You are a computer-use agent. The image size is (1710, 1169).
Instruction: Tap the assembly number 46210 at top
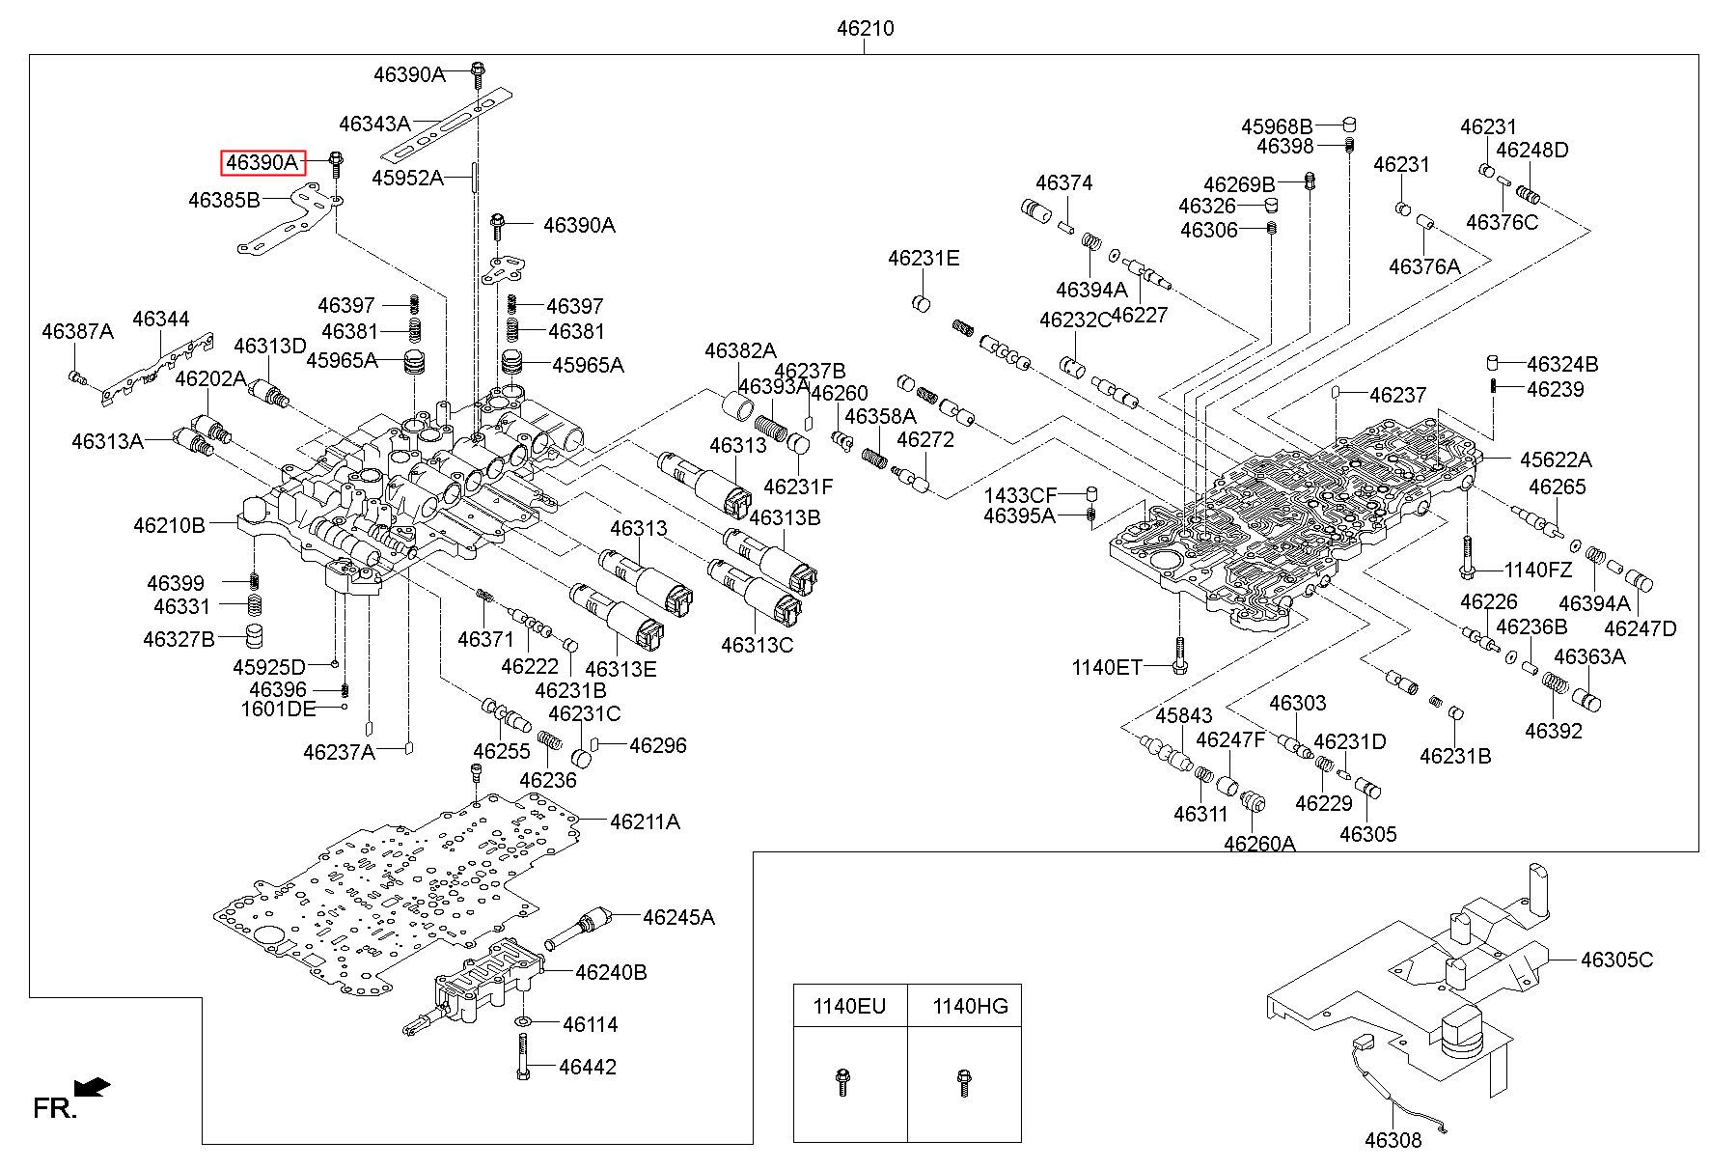865,29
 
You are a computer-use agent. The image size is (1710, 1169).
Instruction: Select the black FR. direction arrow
93,1087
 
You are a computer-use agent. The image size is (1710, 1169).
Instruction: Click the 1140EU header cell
849,1006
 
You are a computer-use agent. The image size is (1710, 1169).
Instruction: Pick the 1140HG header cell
965,1006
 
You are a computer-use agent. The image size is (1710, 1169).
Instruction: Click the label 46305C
1616,960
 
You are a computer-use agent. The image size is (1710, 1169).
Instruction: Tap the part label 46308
1393,1140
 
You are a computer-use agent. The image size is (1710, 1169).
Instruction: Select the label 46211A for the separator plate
645,821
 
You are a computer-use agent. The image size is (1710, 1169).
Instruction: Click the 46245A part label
678,916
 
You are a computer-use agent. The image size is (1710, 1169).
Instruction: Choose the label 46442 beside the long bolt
588,1067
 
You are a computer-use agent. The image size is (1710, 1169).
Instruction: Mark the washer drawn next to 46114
523,1021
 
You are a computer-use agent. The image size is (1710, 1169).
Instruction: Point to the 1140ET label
1107,667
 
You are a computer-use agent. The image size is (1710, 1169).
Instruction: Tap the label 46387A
77,331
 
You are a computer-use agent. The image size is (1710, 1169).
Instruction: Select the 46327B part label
179,638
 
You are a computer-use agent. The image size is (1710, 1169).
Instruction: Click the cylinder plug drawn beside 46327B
253,636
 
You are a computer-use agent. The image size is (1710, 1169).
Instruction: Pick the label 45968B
1277,126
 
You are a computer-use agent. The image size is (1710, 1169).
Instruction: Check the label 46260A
1259,843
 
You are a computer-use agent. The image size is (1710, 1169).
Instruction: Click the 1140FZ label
1537,570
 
